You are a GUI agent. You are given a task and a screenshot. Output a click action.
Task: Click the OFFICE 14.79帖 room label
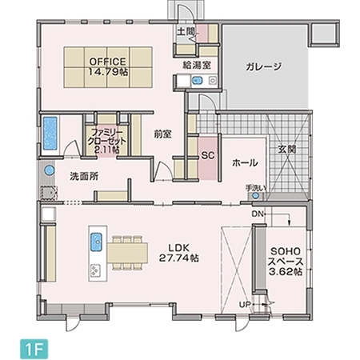[x=108, y=66]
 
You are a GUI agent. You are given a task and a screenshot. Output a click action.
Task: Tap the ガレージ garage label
[x=263, y=67]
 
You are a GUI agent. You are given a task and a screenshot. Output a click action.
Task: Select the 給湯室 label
[x=196, y=65]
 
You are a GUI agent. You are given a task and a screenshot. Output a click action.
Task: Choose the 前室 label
[x=163, y=134]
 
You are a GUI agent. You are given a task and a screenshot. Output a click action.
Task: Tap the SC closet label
[x=206, y=154]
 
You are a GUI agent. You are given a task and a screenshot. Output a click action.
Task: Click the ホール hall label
[x=244, y=162]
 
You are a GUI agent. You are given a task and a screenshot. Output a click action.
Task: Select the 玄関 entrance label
[x=287, y=149]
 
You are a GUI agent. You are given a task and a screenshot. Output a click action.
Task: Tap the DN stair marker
[x=257, y=214]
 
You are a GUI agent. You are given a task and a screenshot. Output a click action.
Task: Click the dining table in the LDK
[x=129, y=251]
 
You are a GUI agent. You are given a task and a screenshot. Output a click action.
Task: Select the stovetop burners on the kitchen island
[x=95, y=268]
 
